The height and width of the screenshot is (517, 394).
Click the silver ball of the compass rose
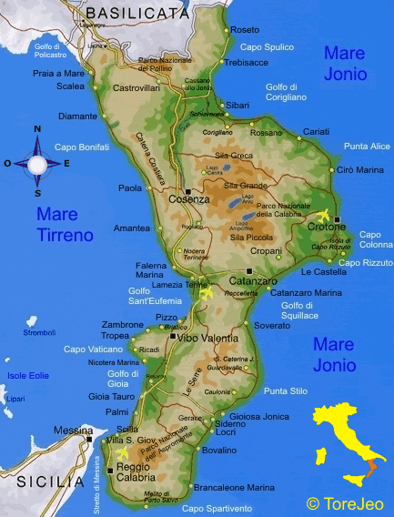(x=37, y=165)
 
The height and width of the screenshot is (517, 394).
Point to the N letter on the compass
(x=37, y=129)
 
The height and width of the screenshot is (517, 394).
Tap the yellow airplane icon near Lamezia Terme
(x=205, y=294)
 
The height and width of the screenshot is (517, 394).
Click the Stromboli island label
(x=40, y=333)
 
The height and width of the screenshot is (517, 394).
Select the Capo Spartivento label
(x=217, y=508)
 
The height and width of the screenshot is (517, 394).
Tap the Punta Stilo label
(x=285, y=390)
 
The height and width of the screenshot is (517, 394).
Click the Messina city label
(x=73, y=430)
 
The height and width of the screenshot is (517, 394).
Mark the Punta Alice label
(x=367, y=147)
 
